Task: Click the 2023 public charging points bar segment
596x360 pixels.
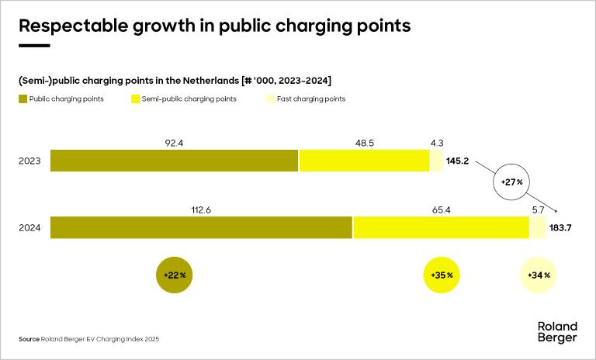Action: click(175, 161)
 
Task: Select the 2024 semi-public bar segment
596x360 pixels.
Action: click(441, 227)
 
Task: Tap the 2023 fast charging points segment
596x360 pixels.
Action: click(436, 161)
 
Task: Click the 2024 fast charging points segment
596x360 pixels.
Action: click(537, 227)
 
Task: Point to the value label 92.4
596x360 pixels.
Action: click(174, 143)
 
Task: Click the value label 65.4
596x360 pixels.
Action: click(441, 209)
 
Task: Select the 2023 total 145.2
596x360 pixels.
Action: click(459, 161)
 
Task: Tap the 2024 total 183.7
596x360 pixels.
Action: click(560, 228)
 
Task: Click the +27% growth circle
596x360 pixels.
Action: click(510, 182)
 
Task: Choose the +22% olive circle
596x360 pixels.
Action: click(174, 275)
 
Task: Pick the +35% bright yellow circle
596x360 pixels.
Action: click(442, 275)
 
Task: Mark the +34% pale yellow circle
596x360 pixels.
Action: click(538, 275)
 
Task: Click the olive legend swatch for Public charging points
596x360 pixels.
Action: click(23, 99)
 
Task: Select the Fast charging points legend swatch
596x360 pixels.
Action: click(270, 99)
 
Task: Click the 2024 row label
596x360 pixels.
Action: click(30, 228)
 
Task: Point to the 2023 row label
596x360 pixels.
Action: click(30, 161)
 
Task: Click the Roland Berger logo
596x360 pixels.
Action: click(557, 331)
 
